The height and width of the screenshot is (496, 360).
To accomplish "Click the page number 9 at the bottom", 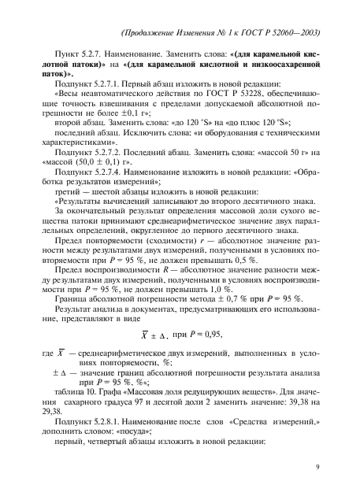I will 317,466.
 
